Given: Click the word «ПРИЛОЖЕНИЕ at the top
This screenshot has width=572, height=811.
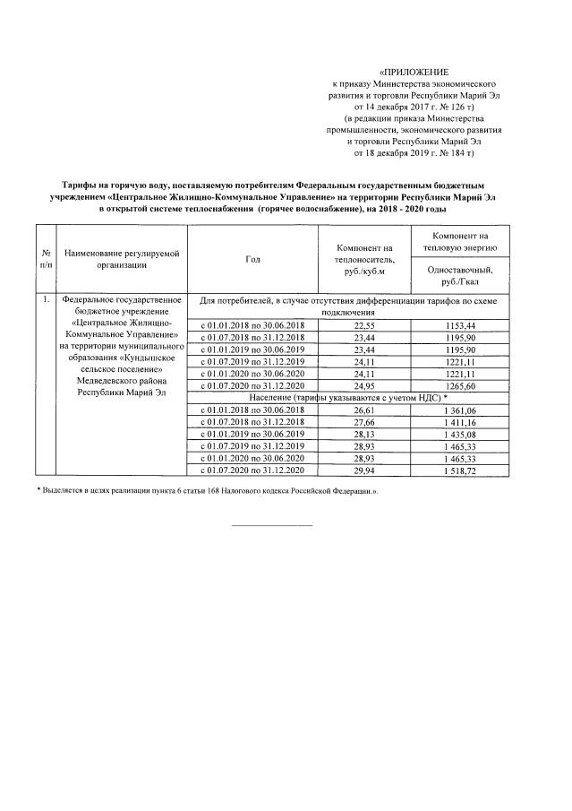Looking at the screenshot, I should (x=413, y=71).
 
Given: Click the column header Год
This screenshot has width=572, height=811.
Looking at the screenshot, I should (x=252, y=259).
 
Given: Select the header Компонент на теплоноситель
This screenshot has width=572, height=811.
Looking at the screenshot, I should (x=364, y=259).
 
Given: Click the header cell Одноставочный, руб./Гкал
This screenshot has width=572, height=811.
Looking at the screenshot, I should (x=467, y=272).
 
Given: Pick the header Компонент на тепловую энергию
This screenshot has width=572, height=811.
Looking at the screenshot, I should (x=467, y=241).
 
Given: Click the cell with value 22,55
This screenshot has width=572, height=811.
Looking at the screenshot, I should (x=364, y=324).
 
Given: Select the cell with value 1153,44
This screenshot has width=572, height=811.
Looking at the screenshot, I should (x=467, y=324).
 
